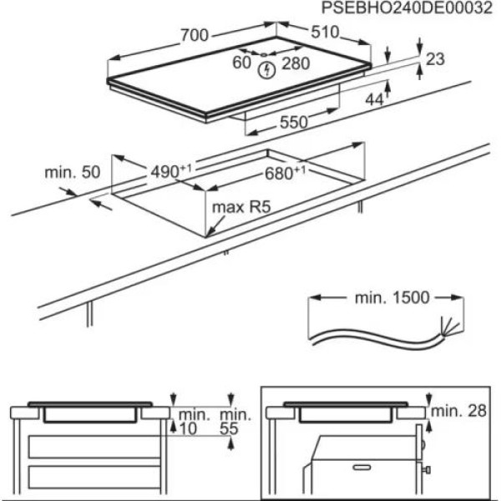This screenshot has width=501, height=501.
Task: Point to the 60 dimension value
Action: [x=242, y=63]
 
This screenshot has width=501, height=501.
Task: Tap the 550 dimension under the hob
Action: [x=292, y=122]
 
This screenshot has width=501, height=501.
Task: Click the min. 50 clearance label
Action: [x=71, y=173]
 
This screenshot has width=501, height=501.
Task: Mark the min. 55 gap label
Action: [x=235, y=421]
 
